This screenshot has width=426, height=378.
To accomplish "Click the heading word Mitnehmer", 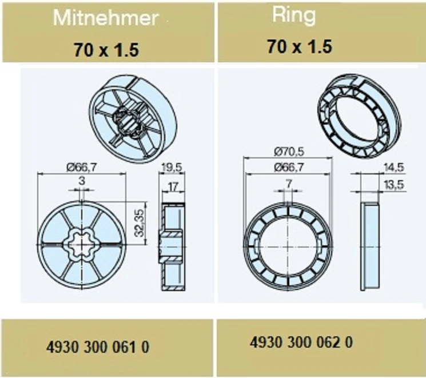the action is click(x=105, y=18).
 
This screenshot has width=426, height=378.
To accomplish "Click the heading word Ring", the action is click(x=294, y=15).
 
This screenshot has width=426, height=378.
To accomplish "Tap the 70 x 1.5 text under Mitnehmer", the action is click(x=106, y=50).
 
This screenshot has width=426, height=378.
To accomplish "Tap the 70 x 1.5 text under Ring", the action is click(x=300, y=46).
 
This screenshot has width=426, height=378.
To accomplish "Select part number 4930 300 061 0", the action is click(x=98, y=347).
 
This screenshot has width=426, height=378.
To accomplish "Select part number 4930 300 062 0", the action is click(x=301, y=342).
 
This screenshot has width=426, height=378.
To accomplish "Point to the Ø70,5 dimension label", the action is click(x=289, y=152).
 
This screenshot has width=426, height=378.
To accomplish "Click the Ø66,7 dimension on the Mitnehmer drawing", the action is click(x=82, y=168).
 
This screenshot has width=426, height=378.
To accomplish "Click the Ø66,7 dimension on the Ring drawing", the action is click(x=289, y=167).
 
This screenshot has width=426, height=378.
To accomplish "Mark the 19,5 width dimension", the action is click(x=172, y=168).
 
